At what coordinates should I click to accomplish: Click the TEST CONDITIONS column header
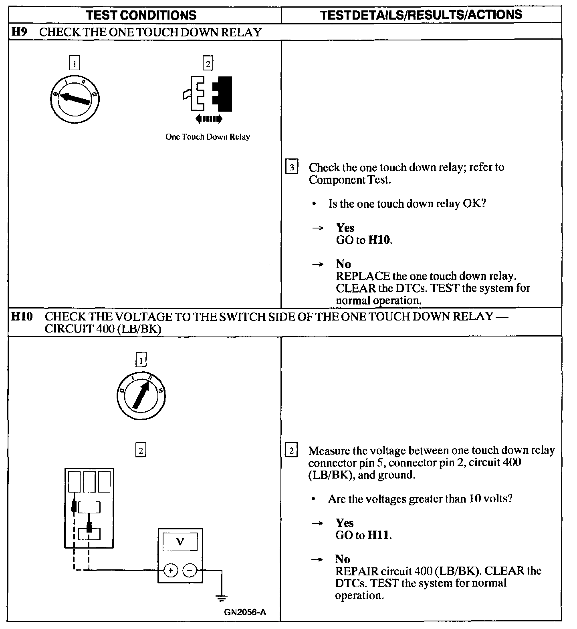[x=141, y=15]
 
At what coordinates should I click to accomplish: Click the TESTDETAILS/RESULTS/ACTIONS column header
[x=421, y=15]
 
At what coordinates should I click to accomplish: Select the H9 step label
[x=18, y=32]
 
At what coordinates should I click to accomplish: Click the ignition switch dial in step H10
[x=141, y=396]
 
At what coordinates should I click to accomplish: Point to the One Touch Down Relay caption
[x=208, y=137]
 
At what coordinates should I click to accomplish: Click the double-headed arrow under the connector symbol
[x=209, y=118]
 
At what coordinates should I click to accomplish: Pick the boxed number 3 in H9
[x=292, y=167]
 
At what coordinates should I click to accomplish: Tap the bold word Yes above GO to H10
[x=345, y=228]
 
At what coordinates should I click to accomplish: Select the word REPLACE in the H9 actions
[x=363, y=276]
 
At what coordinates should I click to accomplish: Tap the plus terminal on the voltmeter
[x=171, y=571]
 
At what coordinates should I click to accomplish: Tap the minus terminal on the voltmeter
[x=190, y=571]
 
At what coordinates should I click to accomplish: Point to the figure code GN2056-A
[x=245, y=612]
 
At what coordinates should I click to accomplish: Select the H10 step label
[x=21, y=317]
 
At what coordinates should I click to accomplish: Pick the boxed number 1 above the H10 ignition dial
[x=141, y=361]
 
